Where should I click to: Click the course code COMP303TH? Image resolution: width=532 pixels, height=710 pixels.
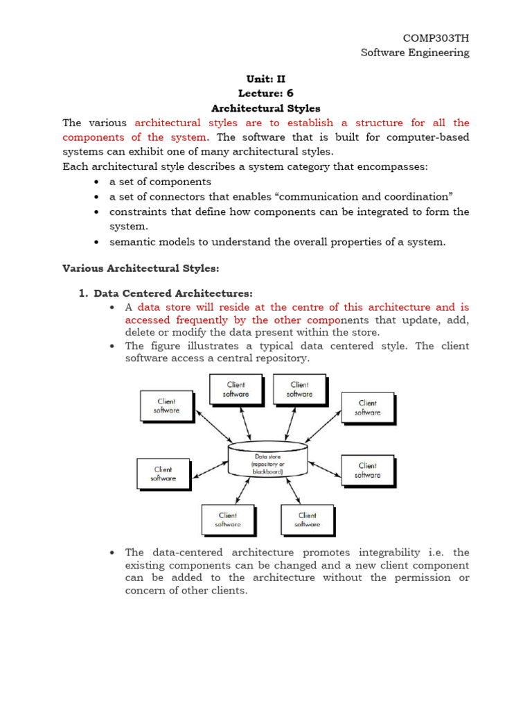click(436, 38)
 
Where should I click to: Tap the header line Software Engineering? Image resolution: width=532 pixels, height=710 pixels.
click(415, 53)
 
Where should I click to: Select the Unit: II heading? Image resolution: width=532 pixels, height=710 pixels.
click(266, 80)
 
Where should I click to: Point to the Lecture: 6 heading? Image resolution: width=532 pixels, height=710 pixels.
click(266, 94)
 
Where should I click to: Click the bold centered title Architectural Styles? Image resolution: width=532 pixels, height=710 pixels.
click(266, 108)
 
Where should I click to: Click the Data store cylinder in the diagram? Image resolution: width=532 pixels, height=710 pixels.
click(267, 458)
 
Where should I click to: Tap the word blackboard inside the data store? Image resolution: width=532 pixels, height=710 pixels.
click(267, 471)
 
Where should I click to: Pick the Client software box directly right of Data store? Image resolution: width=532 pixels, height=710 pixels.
click(367, 470)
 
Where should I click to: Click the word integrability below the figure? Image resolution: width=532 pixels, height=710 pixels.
click(389, 552)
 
